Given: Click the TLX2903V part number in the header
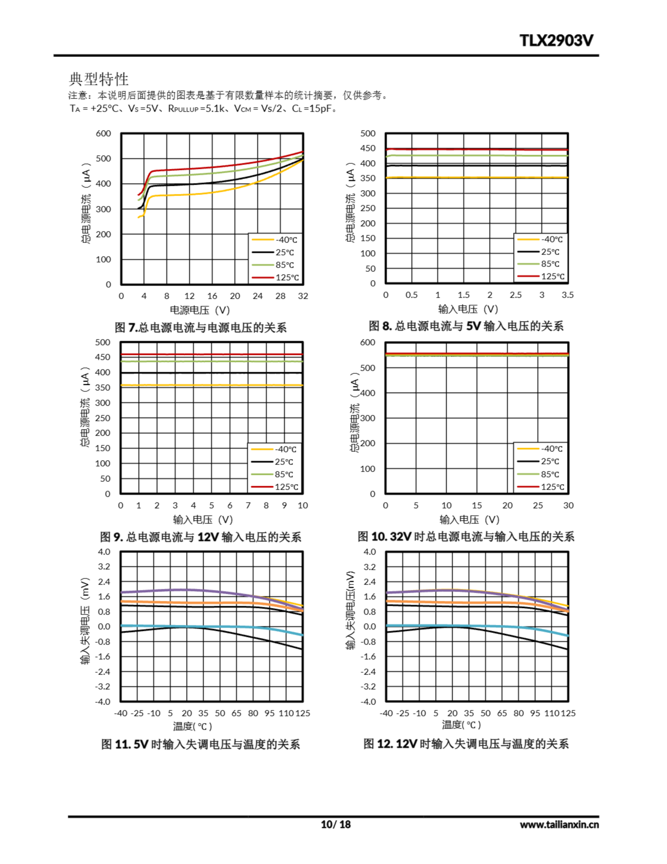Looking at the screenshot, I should (556, 40).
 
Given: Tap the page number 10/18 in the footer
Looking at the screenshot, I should (335, 825).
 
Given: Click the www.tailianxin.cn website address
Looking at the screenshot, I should (559, 825).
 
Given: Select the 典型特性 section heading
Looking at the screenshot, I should (99, 79).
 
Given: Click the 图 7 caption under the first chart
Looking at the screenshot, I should (200, 328).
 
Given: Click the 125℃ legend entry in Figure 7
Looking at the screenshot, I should (287, 278).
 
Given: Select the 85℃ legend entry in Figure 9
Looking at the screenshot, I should (284, 474).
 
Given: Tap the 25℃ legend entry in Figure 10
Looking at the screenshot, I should (550, 461).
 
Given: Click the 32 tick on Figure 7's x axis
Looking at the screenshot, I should (303, 296).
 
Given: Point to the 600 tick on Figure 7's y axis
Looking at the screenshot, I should (103, 134).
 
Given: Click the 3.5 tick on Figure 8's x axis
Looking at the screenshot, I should (568, 295).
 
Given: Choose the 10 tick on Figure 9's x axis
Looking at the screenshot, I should (302, 505).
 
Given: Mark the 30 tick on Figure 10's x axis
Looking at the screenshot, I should (568, 505).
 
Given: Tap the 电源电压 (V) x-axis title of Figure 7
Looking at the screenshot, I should (200, 310).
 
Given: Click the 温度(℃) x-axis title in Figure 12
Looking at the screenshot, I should (461, 725).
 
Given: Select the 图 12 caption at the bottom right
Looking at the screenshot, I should (466, 744).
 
